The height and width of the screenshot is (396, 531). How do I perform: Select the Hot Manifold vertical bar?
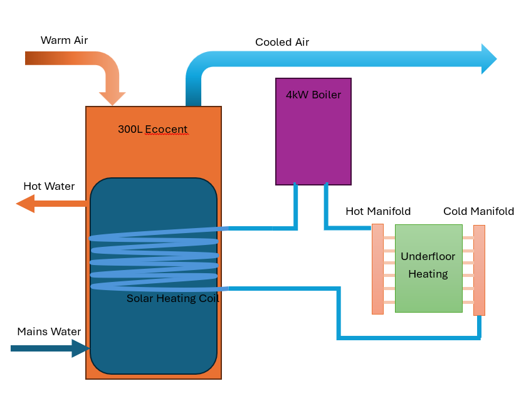pyautogui.click(x=377, y=269)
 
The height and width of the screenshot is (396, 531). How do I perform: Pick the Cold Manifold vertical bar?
pyautogui.click(x=479, y=270)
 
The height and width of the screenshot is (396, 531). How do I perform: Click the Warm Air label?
pyautogui.click(x=64, y=41)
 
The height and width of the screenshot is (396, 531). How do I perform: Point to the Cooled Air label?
pyautogui.click(x=282, y=43)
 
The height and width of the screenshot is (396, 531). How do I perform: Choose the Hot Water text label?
pyautogui.click(x=49, y=187)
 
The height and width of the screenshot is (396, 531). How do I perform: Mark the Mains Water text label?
pyautogui.click(x=49, y=332)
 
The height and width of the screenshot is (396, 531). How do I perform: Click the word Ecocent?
pyautogui.click(x=166, y=130)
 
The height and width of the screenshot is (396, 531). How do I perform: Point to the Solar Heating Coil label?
pyautogui.click(x=173, y=298)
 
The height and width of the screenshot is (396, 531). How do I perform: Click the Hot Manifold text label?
pyautogui.click(x=378, y=212)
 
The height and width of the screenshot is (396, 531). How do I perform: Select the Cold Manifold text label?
pyautogui.click(x=478, y=212)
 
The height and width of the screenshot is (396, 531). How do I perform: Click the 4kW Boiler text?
pyautogui.click(x=313, y=95)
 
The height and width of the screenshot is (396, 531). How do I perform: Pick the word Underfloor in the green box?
pyautogui.click(x=428, y=257)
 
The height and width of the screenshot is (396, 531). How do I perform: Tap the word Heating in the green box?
pyautogui.click(x=428, y=274)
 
